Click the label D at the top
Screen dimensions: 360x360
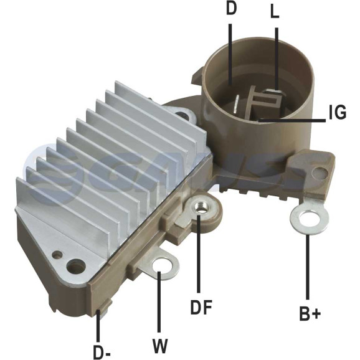point(231,9)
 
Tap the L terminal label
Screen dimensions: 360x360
point(275,12)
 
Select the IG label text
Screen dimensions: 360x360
point(338,112)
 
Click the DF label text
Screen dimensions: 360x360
point(201,307)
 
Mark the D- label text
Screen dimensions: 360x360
point(102,352)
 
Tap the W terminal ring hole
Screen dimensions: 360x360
point(162,267)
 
